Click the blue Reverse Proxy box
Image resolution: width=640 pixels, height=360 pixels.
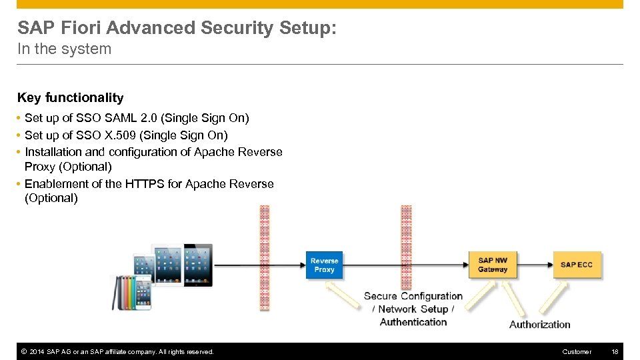click(x=324, y=265)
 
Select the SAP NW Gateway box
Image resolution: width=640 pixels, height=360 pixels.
click(x=493, y=265)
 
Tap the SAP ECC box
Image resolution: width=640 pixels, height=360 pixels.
click(x=577, y=265)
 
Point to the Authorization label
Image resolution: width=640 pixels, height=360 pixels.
click(x=539, y=325)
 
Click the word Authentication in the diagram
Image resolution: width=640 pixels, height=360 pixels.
click(x=413, y=322)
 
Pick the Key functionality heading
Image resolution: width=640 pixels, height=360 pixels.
click(x=70, y=98)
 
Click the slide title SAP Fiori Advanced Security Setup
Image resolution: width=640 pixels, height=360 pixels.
click(x=177, y=28)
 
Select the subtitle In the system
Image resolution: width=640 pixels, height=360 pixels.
click(x=64, y=49)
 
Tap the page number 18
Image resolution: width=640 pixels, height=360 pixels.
click(x=615, y=351)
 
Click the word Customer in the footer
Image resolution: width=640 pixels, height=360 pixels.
click(x=577, y=351)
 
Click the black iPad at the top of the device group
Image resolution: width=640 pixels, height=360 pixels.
click(x=198, y=263)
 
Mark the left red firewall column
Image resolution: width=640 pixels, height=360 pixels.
click(x=264, y=258)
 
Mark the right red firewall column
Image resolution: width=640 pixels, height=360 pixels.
click(x=406, y=258)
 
